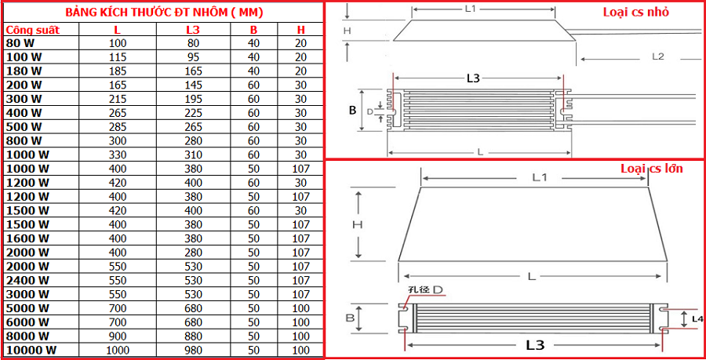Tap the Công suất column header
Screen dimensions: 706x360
[x=32, y=30]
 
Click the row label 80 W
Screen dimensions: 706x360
[x=20, y=43]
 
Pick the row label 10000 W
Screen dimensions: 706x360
[x=31, y=350]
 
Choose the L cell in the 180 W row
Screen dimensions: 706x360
[x=118, y=71]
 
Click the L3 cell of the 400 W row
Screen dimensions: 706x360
[x=194, y=113]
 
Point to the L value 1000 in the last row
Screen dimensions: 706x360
[x=118, y=350]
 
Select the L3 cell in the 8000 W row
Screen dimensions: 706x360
[x=194, y=336]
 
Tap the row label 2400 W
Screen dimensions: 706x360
[x=27, y=280]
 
